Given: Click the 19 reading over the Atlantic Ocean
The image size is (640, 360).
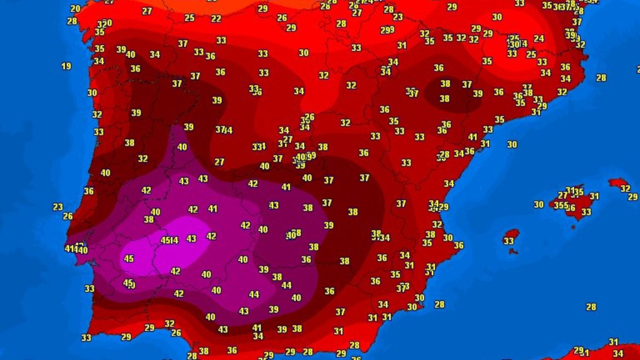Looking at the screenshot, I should tap(66, 66).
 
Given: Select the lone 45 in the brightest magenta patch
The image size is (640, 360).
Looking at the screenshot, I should tap(128, 258).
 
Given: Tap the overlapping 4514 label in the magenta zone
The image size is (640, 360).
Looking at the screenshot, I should tap(169, 240).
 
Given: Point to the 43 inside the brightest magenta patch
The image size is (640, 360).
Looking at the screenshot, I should tap(191, 239).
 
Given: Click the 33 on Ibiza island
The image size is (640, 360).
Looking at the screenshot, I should tap(508, 241).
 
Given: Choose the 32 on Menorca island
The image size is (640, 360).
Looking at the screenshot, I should tap(625, 188).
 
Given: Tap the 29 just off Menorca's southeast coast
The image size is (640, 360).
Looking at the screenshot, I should tap(632, 197).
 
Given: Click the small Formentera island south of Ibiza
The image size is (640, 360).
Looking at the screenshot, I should tap(513, 252).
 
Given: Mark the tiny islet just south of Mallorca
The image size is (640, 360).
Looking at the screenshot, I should tap(574, 227).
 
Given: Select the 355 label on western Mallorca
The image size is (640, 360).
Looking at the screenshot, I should tap(561, 205).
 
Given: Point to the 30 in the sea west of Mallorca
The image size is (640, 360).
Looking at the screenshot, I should tap(538, 204).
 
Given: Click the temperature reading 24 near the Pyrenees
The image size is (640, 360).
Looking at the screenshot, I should tap(539, 39).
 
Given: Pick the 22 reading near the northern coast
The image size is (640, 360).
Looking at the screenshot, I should tap(216, 19).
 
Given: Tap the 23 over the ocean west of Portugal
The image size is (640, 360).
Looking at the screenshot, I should tap(58, 207).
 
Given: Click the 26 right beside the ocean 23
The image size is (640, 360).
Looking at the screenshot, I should tap(68, 216).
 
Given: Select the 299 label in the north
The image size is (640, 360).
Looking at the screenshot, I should tap(387, 30).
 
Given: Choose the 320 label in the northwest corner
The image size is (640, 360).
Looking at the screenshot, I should tap(105, 24).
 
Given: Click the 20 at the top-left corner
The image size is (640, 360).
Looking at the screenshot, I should tap(75, 8).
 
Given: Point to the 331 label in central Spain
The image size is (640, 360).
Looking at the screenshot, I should tap(259, 146).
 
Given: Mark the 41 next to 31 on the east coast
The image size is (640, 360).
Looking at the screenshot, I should tap(473, 137).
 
